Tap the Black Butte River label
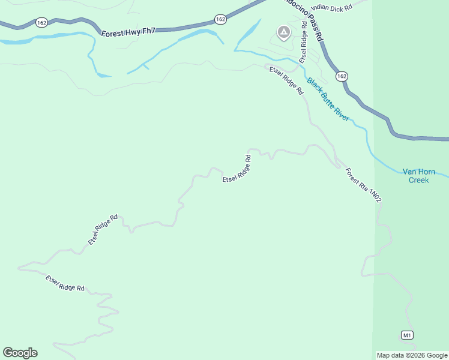(328, 99)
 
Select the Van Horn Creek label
(418, 175)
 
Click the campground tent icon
(283, 32)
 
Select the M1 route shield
(408, 334)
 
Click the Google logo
(20, 353)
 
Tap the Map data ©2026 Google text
(412, 355)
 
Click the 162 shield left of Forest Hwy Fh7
(41, 23)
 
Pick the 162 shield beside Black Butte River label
(342, 76)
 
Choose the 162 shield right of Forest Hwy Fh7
(220, 20)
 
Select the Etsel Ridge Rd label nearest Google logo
(65, 283)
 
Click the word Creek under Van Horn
(418, 179)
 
